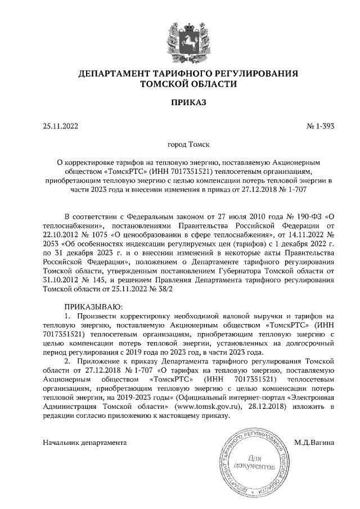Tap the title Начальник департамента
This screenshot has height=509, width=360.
[84, 442]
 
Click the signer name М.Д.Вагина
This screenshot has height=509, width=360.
[314, 442]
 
